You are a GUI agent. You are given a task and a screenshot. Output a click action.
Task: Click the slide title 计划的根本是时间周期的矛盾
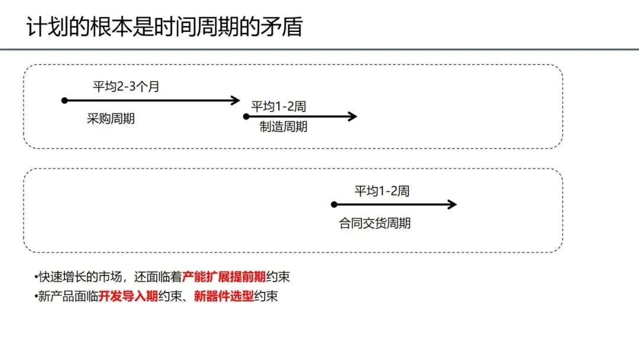coord(164,27)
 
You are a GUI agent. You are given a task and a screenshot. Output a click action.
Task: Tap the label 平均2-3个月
coord(126,86)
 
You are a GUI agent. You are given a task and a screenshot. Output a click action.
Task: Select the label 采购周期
coord(111,118)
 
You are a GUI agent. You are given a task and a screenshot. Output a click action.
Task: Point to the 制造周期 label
coord(283,127)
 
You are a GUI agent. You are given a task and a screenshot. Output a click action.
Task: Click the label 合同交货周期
coord(375,223)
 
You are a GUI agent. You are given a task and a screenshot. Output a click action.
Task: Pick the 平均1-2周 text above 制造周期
coord(278,107)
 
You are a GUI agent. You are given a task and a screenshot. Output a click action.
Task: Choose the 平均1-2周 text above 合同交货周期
coord(382,191)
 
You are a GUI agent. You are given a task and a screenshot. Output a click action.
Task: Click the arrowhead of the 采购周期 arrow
coord(236,101)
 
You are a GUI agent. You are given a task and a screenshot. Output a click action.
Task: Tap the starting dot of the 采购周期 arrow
coord(64,101)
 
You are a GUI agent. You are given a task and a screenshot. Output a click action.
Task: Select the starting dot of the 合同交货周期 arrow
coord(334,205)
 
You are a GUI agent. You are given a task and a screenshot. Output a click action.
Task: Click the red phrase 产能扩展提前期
coord(224,277)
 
